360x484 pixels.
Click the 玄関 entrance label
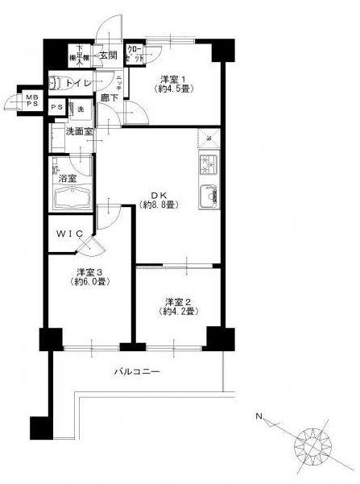point(108,56)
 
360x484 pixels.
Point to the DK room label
point(160,193)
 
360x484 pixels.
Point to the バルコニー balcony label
point(136,372)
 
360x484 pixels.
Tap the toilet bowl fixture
point(58,81)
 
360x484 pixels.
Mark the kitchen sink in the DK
point(207,195)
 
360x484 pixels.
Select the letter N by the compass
point(259,416)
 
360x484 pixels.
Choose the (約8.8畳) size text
point(160,205)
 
